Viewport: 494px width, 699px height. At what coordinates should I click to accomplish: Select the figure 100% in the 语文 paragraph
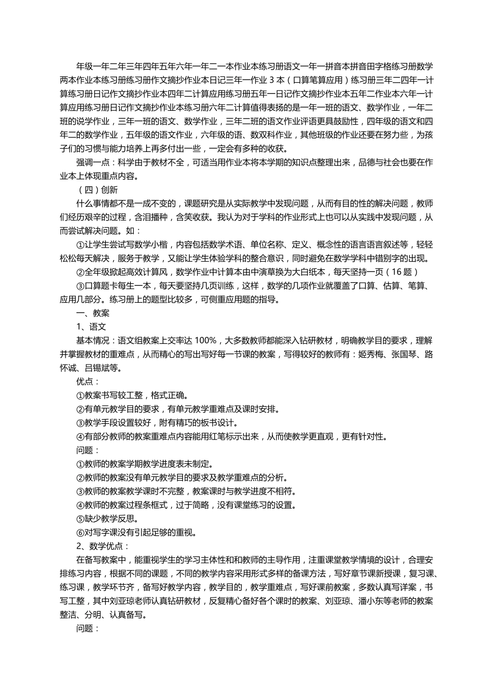(206, 341)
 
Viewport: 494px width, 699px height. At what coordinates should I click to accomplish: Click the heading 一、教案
(93, 313)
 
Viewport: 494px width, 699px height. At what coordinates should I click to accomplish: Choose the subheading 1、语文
(91, 327)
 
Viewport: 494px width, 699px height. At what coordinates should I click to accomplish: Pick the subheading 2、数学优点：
(102, 546)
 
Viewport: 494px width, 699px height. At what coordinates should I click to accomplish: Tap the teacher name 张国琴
(404, 354)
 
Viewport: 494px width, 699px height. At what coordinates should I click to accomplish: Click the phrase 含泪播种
(154, 217)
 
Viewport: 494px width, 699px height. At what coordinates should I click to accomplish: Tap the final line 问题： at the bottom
(87, 628)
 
